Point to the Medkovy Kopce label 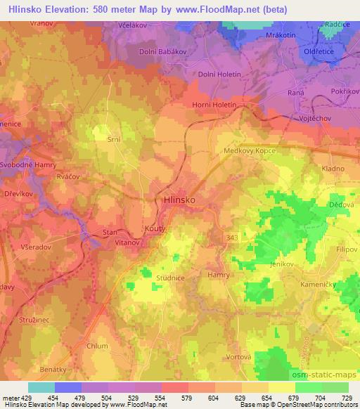(x=268, y=150)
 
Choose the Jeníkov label (x=283, y=263)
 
